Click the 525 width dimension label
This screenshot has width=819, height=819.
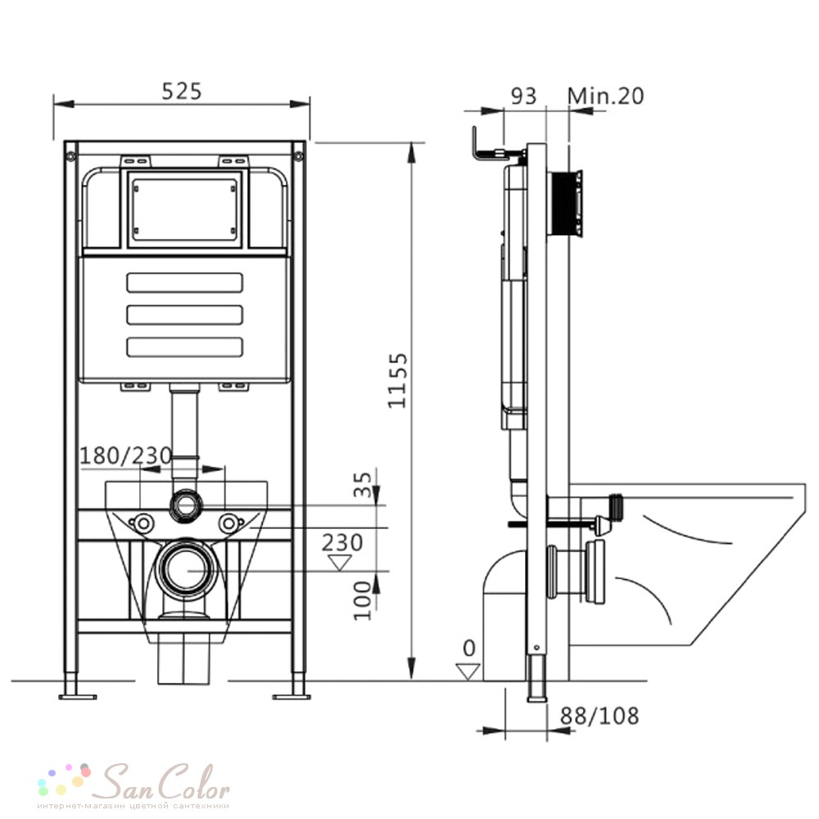coord(181,92)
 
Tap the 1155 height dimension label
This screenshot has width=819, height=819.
coord(397,381)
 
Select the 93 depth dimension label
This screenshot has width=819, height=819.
coord(523,96)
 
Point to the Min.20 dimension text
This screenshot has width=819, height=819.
coord(606,96)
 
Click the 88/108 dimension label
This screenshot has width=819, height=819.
coord(600,716)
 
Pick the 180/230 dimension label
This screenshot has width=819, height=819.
coord(125,455)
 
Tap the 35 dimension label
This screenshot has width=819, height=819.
coord(363,485)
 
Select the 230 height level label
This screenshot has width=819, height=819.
coord(342,543)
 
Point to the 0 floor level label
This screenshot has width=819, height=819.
coord(469,649)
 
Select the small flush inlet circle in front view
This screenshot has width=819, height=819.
coord(184,505)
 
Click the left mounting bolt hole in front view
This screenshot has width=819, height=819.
coord(142,523)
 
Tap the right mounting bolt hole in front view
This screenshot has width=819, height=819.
coord(228,523)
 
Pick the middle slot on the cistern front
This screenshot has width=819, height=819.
coord(185,315)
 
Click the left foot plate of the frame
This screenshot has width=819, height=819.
coord(77,697)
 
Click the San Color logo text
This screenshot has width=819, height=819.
coord(165,781)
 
